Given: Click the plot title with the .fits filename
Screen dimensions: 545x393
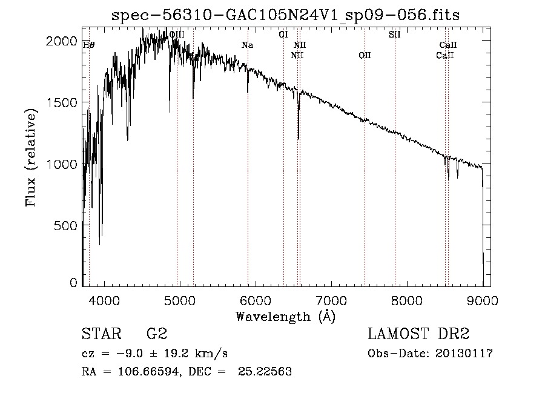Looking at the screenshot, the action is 285,15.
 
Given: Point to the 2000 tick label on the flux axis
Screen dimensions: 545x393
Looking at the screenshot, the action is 62,41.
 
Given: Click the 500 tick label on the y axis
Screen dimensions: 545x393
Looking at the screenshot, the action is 65,226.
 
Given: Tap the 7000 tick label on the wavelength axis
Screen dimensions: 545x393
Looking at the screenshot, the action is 331,300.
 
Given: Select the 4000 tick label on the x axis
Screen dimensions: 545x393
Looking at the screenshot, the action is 104,300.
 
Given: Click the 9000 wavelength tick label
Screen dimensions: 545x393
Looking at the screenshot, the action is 483,300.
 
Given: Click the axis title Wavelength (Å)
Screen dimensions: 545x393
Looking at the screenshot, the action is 286,317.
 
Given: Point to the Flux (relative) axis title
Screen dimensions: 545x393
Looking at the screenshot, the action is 31,158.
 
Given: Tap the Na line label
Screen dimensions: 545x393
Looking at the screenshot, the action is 247,45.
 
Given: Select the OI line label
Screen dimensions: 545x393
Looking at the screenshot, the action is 283,35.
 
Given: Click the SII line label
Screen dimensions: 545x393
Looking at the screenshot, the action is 394,35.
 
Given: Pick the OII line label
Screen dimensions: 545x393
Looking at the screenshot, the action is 365,55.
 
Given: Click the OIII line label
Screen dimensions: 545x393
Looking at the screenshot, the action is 177,35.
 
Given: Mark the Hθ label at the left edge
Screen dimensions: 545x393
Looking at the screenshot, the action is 88,45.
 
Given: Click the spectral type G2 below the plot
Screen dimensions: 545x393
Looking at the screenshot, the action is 157,334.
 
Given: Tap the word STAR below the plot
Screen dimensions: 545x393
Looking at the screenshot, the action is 102,334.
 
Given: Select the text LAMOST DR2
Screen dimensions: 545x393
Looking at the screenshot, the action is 418,334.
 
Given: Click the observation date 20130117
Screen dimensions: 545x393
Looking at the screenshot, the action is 464,354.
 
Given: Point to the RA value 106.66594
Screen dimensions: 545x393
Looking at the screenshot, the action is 149,372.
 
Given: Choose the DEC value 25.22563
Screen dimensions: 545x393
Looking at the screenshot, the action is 265,371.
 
